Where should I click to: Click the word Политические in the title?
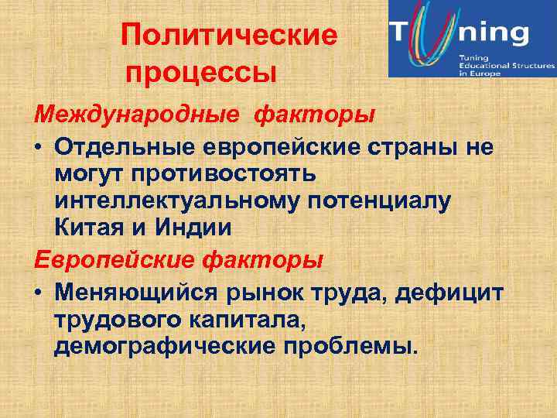click(x=231, y=36)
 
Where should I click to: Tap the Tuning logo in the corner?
click(x=471, y=39)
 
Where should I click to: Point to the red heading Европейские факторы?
click(x=179, y=260)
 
